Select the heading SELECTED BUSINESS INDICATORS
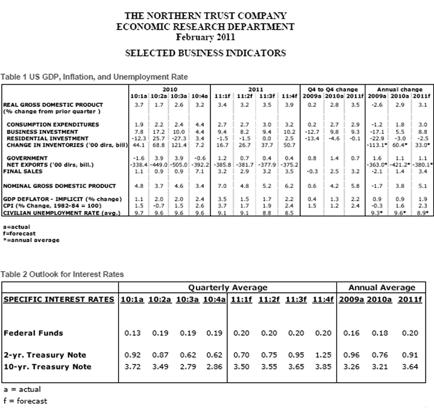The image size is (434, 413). (x=205, y=53)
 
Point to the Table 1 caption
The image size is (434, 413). (x=94, y=77)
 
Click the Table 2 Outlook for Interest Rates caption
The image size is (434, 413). (x=62, y=274)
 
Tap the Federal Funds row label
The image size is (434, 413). (x=34, y=333)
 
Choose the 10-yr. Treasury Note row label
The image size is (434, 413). (x=48, y=367)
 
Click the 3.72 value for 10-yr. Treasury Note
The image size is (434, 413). (x=132, y=367)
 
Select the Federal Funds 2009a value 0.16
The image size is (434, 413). (x=348, y=333)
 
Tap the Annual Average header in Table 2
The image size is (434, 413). (x=382, y=287)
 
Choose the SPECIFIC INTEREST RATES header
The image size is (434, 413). (x=58, y=300)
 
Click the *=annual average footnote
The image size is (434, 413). (x=31, y=240)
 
